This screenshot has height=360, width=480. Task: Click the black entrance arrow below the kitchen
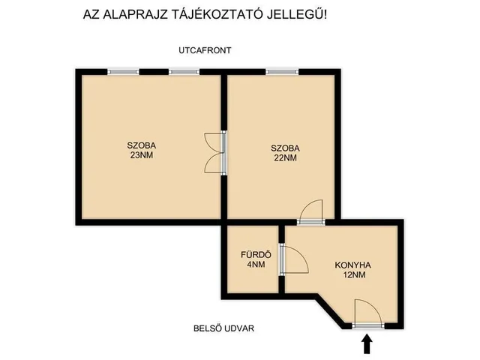tap(367, 343)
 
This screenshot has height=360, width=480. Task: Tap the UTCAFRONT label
tap(205, 50)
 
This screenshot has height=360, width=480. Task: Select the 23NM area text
tap(142, 156)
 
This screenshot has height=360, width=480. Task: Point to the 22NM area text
tap(284, 158)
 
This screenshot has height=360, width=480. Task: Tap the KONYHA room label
tap(352, 265)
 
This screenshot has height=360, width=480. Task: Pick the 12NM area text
tap(352, 275)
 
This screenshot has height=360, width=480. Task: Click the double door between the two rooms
tap(217, 153)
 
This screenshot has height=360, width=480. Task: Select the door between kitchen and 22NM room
tap(310, 214)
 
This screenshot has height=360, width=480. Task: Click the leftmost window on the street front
tap(123, 72)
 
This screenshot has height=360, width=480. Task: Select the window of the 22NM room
tap(282, 72)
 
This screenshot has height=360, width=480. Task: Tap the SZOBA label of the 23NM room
tap(142, 145)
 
